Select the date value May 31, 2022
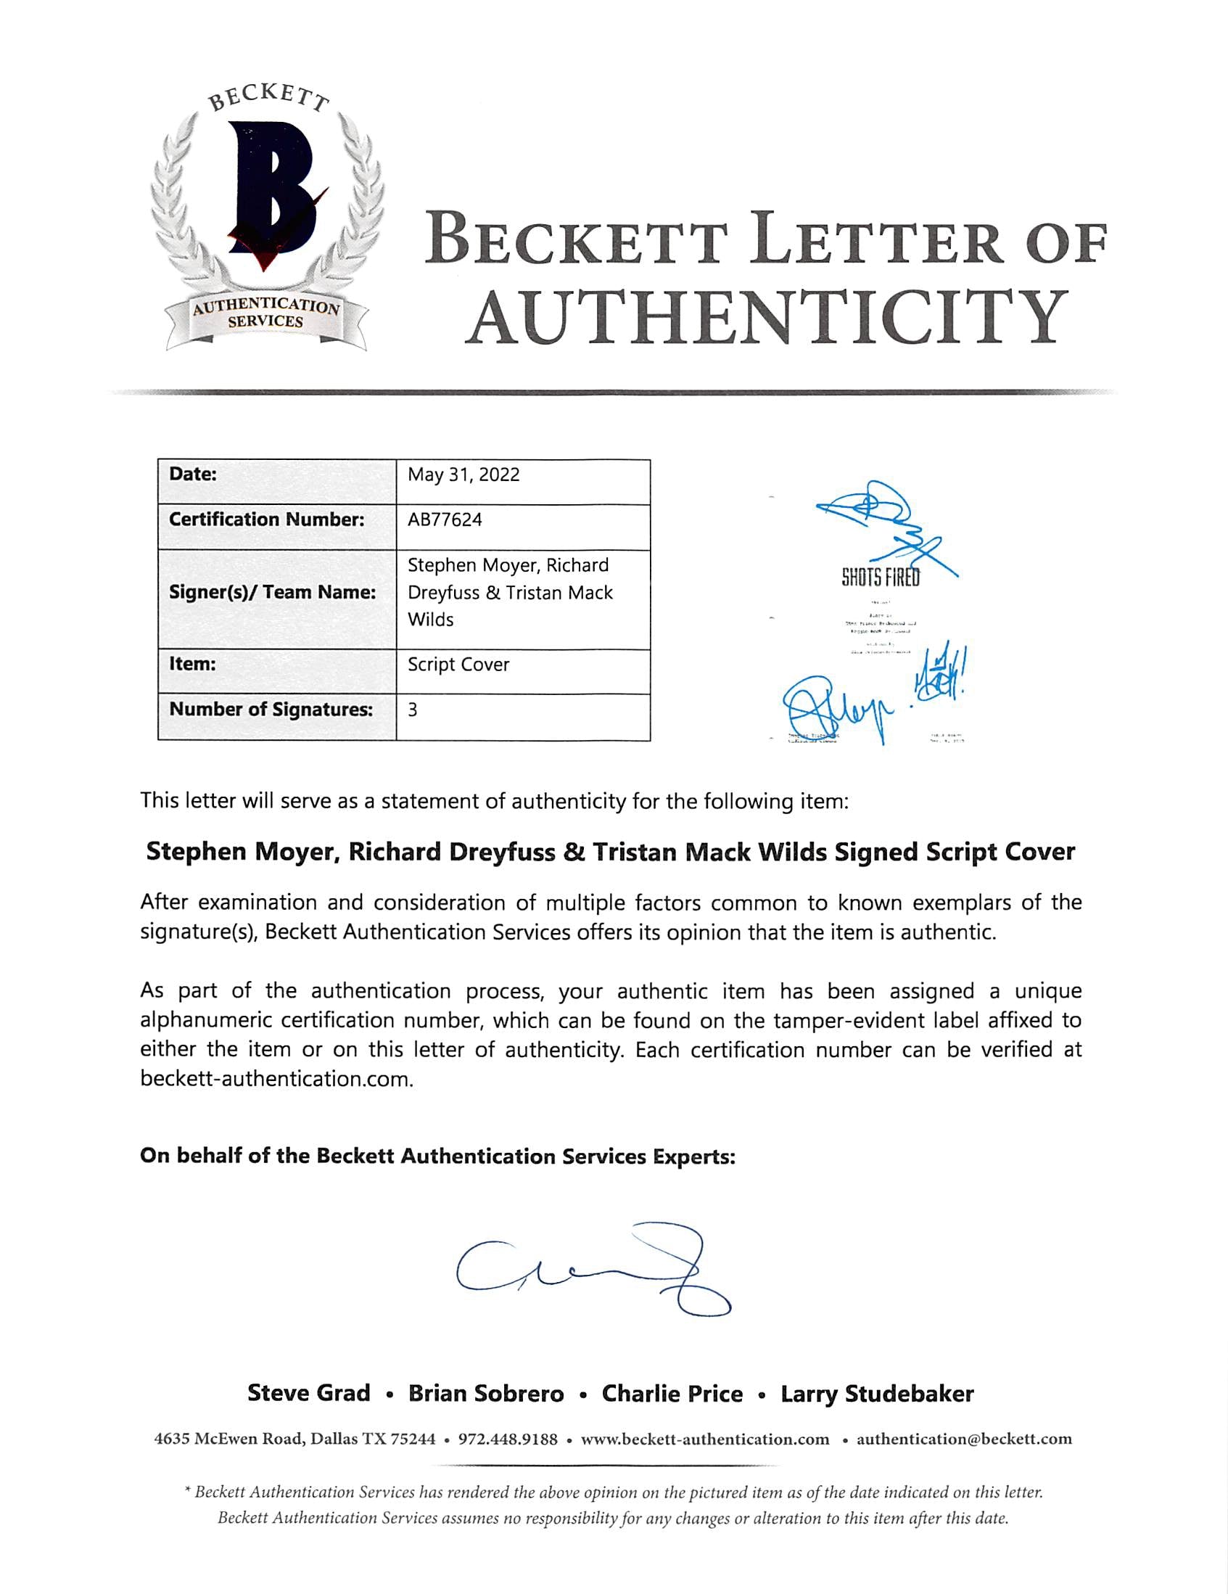click(x=463, y=475)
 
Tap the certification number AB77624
click(x=445, y=519)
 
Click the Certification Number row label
click(x=266, y=519)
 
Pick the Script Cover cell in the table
click(x=458, y=665)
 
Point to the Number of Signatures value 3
click(x=413, y=710)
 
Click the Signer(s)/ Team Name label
click(x=272, y=593)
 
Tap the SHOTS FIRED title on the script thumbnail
click(x=881, y=578)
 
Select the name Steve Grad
click(x=309, y=1393)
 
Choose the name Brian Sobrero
click(x=486, y=1394)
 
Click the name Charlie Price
click(x=672, y=1394)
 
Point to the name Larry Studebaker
click(x=877, y=1394)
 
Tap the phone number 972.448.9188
click(x=507, y=1439)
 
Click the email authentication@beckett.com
click(x=964, y=1439)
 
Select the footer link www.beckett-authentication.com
click(x=705, y=1439)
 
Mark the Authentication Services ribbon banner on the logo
click(x=265, y=315)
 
